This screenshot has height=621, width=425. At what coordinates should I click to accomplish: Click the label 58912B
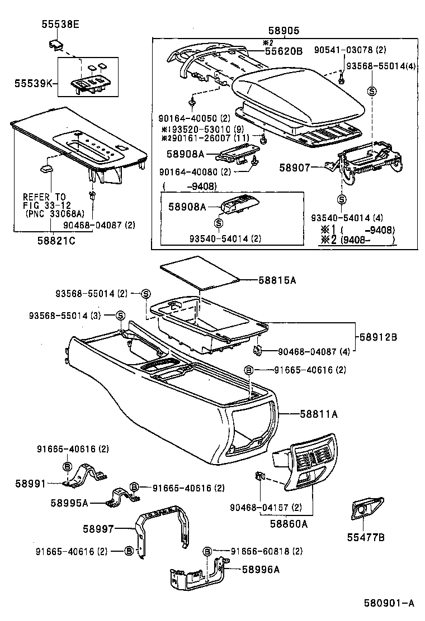[x=378, y=337]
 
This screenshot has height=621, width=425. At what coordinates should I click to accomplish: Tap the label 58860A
[x=289, y=523]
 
